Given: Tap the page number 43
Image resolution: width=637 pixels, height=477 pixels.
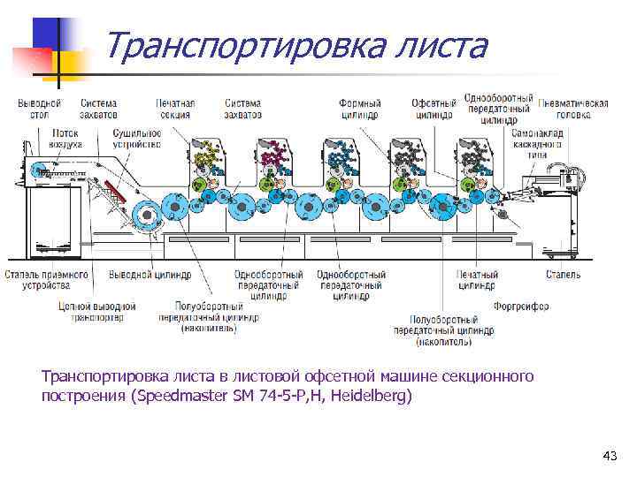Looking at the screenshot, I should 609,456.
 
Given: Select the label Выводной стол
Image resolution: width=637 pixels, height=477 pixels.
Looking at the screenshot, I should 39,109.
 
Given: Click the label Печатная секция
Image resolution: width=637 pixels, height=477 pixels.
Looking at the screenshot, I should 175,109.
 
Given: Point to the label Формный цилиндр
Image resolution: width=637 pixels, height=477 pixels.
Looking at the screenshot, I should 360,109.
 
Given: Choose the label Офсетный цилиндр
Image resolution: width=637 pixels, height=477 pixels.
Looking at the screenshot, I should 434,109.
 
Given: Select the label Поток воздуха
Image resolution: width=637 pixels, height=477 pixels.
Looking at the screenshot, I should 60,138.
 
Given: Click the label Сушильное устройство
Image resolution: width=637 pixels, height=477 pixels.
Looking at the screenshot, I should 136,138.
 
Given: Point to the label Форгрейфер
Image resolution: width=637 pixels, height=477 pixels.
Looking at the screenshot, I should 521,307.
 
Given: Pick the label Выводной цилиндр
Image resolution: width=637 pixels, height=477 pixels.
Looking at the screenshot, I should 150,275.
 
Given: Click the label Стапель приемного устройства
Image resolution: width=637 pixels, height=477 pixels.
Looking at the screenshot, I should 46,280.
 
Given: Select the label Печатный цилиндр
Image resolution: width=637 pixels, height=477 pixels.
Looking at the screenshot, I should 477,280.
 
